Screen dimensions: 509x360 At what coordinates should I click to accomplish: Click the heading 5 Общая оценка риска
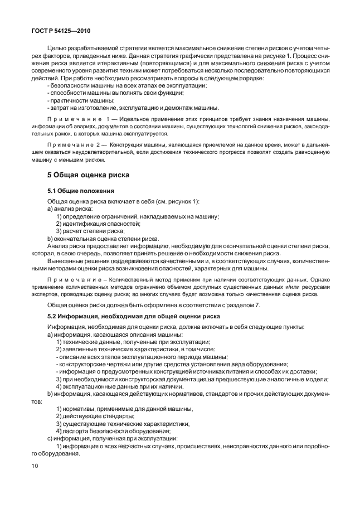88,175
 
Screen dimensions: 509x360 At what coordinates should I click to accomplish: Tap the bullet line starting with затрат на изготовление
134,108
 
